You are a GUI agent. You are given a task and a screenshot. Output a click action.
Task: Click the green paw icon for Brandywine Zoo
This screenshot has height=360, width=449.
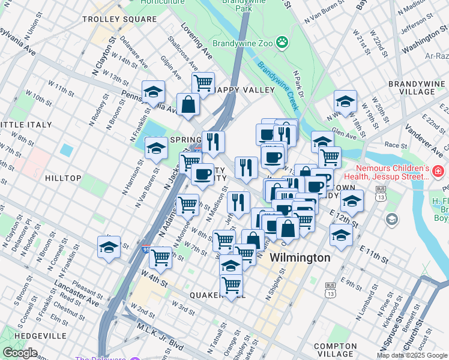[x=281, y=43]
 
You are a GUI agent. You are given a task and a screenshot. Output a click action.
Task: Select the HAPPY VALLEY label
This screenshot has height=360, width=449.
[x=235, y=90]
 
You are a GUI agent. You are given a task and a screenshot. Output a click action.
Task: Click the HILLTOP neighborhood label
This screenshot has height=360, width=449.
[x=63, y=178]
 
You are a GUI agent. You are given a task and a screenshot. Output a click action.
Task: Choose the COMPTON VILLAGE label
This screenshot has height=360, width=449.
[x=335, y=350]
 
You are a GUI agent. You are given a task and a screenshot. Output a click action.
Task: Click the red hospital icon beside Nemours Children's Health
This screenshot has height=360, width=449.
[x=439, y=173]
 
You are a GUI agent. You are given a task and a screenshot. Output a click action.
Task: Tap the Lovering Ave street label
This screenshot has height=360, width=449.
[x=196, y=46]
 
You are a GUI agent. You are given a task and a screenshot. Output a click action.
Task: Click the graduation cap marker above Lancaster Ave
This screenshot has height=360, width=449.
[x=108, y=247]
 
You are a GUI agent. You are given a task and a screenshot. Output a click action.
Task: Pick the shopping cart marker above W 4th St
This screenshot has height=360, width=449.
[x=160, y=257]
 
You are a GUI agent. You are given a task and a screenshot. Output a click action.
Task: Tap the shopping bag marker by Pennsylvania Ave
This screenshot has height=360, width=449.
[x=188, y=104]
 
